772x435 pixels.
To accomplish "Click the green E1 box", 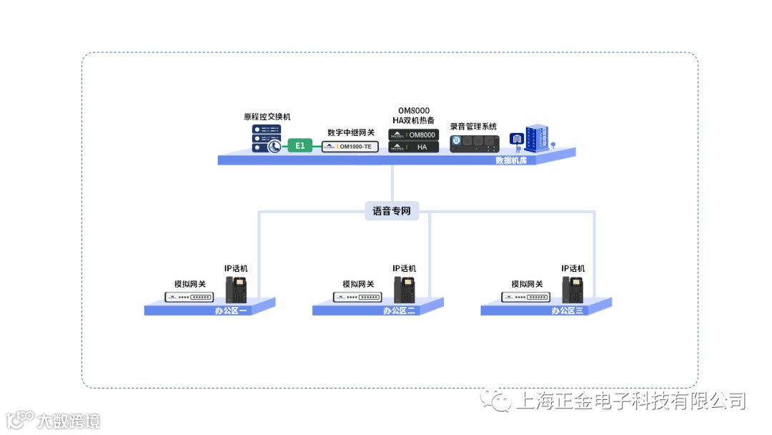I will [x=300, y=146].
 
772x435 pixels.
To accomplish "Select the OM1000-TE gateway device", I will [x=350, y=147].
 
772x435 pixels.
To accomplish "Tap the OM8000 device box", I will [x=412, y=135].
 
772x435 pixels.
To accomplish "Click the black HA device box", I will [x=412, y=147].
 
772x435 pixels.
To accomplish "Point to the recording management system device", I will [x=472, y=143].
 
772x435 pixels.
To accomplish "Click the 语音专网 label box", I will [x=392, y=211].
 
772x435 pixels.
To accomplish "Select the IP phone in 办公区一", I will [x=237, y=289].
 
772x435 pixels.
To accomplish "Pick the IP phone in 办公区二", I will [x=405, y=289].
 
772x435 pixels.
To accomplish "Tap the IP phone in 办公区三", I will [x=573, y=289].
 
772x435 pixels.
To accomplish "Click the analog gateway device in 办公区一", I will [x=189, y=297].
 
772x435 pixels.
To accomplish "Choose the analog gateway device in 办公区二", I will [x=357, y=297].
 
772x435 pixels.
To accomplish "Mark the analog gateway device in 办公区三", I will [x=526, y=297].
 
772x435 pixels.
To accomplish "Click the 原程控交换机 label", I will [x=267, y=117].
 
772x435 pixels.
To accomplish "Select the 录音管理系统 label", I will [x=473, y=127].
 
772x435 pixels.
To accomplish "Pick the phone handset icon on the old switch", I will [x=274, y=146].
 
